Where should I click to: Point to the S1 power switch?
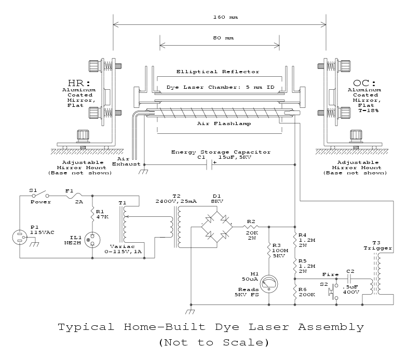pos(43,196)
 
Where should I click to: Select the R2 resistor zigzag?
pos(251,227)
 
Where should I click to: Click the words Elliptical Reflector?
pos(218,71)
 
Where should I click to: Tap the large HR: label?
pos(78,83)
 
